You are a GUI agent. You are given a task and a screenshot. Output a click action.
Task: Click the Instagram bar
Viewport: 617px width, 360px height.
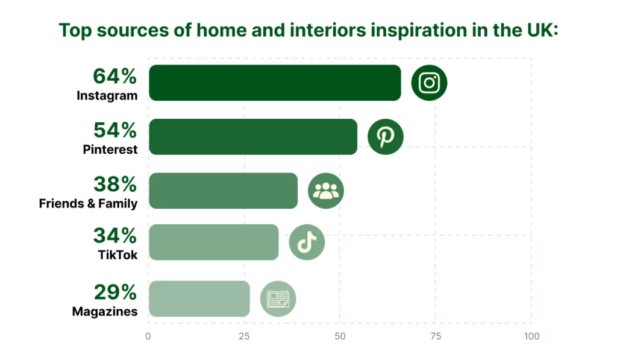(x=275, y=83)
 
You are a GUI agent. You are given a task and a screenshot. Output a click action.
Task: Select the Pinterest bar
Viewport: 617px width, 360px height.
(x=253, y=137)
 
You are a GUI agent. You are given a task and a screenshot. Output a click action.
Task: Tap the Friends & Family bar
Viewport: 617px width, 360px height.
(x=223, y=191)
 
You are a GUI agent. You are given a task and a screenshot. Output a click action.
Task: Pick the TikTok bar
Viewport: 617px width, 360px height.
(x=214, y=242)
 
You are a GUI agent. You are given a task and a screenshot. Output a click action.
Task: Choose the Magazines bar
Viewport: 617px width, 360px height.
(x=199, y=298)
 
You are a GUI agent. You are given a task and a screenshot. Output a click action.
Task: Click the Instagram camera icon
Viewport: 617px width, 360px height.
(x=429, y=83)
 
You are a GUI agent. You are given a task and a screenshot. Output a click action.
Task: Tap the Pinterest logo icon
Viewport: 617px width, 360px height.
(x=386, y=137)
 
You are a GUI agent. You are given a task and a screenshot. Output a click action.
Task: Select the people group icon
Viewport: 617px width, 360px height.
(x=326, y=191)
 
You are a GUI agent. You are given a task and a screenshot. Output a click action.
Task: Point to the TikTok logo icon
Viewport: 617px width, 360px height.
(x=307, y=242)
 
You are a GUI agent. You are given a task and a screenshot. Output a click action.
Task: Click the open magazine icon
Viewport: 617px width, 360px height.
(x=278, y=298)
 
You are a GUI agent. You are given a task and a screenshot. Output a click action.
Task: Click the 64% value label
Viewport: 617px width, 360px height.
(x=115, y=76)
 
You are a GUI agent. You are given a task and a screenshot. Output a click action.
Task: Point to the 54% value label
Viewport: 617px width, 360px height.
(x=115, y=130)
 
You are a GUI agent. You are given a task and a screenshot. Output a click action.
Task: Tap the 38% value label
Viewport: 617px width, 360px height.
(x=115, y=184)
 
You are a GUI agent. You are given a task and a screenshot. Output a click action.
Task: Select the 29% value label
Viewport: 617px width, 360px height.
(x=115, y=292)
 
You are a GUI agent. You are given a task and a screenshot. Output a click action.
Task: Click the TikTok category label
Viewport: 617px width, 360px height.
(x=117, y=255)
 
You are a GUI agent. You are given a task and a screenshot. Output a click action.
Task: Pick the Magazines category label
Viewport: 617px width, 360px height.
(x=105, y=312)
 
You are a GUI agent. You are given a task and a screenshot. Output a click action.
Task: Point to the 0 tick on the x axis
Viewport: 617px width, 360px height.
(x=148, y=336)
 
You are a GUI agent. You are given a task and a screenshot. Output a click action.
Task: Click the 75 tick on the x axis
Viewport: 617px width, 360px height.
(x=436, y=336)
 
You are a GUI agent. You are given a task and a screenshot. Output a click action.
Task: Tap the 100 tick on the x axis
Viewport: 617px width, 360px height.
(x=531, y=336)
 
